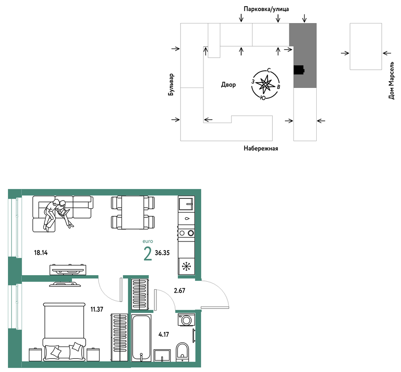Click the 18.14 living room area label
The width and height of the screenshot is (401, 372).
pyautogui.click(x=41, y=253)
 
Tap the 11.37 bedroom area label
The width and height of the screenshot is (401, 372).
pyautogui.click(x=97, y=309)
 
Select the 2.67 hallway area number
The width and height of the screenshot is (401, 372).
pyautogui.click(x=179, y=291)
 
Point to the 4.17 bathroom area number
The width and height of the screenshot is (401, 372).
pyautogui.click(x=164, y=334)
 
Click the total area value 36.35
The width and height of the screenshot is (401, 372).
pyautogui.click(x=162, y=253)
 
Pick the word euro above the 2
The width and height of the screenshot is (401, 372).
pyautogui.click(x=148, y=241)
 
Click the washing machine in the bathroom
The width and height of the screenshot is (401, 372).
pyautogui.click(x=186, y=320)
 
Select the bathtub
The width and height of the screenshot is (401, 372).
pyautogui.click(x=141, y=338)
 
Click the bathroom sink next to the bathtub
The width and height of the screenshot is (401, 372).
pyautogui.click(x=162, y=355)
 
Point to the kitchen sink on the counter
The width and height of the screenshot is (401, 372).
pyautogui.click(x=186, y=203)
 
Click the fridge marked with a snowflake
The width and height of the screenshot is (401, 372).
pyautogui.click(x=186, y=266)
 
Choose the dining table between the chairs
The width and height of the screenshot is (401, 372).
pyautogui.click(x=133, y=212)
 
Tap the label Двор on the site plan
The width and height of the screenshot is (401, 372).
pyautogui.click(x=228, y=84)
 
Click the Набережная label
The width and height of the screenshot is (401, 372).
pyautogui.click(x=261, y=149)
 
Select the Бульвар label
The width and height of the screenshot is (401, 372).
pyautogui.click(x=171, y=85)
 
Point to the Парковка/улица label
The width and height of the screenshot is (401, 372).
pyautogui.click(x=266, y=9)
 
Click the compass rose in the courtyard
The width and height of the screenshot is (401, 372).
pyautogui.click(x=266, y=84)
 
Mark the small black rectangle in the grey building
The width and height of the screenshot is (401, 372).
pyautogui.click(x=299, y=70)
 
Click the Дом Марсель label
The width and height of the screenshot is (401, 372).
pyautogui.click(x=391, y=80)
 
